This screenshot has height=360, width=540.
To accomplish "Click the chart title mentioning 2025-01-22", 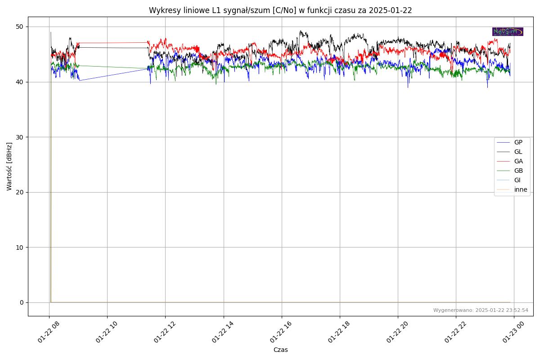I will coord(280,10).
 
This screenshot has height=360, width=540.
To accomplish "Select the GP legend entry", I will coord(518,142).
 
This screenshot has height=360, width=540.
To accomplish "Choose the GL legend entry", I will coord(518,152).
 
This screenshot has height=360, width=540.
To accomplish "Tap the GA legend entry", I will coord(518,161).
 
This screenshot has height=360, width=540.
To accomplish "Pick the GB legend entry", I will coord(518,171).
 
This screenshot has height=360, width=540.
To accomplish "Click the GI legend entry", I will coord(517,180).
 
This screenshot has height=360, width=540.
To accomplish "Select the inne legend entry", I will coord(520,189).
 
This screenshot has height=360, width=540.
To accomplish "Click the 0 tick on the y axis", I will coord(21,302).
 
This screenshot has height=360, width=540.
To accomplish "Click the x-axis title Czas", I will coord(280,350).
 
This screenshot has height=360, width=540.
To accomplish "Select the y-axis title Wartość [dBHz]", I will coord(9,166).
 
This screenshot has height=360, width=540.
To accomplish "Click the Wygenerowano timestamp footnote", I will coord(481,310).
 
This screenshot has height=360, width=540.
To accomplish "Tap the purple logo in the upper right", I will coord(508,31).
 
